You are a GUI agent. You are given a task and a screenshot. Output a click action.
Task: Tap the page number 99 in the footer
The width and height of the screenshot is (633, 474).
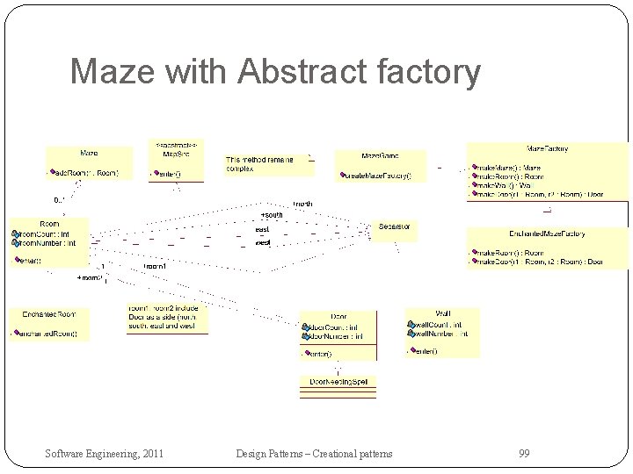(x=524, y=453)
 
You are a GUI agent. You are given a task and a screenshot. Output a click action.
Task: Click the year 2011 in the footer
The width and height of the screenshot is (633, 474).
(x=149, y=453)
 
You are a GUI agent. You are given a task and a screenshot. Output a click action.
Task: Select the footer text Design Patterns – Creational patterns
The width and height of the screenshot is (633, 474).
(x=314, y=453)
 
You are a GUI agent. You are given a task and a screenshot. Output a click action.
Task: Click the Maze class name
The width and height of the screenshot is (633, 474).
(x=89, y=153)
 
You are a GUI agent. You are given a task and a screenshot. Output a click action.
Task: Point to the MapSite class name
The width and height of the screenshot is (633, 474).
(x=177, y=154)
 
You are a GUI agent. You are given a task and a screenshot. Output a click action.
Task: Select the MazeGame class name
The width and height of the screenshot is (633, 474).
(x=379, y=156)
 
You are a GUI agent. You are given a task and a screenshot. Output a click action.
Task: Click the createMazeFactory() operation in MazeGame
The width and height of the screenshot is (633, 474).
(x=377, y=176)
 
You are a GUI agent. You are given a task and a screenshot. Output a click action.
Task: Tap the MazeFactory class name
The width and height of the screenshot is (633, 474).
(x=547, y=148)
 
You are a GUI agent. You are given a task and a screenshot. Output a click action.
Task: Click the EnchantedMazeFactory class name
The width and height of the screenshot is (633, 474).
(x=547, y=233)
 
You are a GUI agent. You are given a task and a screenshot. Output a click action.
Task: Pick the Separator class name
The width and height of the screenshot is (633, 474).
(x=394, y=226)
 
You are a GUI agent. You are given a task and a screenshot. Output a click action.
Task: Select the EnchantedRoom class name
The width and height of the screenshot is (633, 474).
(x=49, y=313)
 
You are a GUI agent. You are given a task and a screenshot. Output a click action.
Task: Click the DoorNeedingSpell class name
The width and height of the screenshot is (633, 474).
(x=338, y=382)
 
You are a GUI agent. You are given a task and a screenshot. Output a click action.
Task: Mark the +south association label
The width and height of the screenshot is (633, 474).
(x=272, y=215)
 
